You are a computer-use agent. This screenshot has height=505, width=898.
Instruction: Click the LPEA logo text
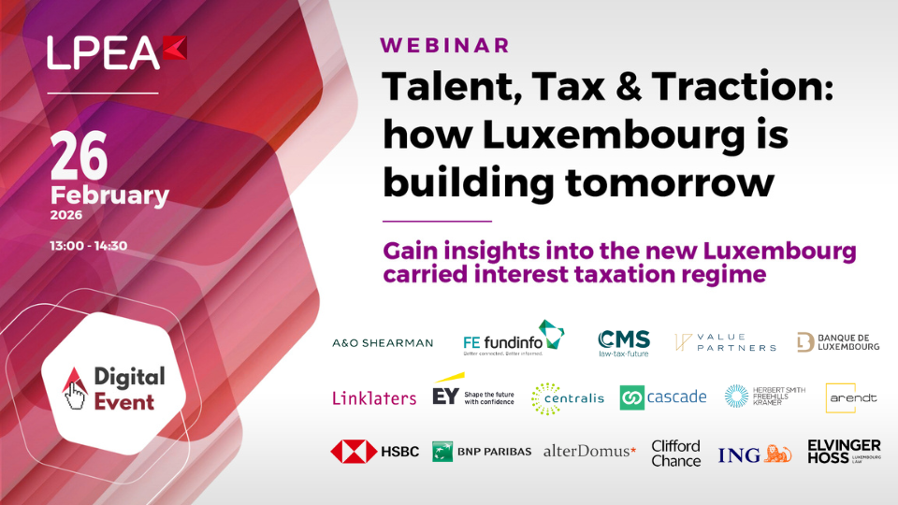(104, 53)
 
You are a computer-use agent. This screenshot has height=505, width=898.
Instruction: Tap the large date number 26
(81, 156)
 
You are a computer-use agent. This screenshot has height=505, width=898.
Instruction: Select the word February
(109, 195)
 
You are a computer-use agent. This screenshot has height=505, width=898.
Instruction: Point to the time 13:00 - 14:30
(88, 246)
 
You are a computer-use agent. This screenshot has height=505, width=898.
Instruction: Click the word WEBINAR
(444, 45)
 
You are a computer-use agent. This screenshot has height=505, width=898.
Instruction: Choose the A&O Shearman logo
(383, 342)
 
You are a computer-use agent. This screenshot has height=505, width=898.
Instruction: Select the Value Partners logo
(726, 342)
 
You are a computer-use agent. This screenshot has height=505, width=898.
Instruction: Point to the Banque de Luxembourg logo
(837, 342)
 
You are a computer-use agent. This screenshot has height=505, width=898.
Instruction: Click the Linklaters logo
(374, 397)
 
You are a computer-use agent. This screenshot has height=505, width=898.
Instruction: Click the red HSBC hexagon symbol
(354, 452)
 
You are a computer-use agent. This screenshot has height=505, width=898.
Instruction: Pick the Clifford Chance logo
(675, 453)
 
